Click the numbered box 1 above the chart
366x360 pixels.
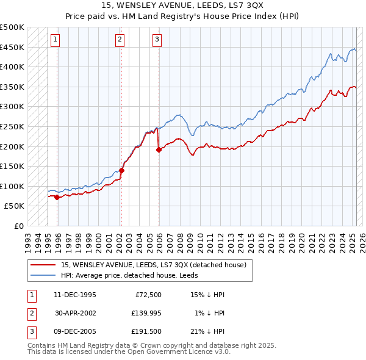coord(55,40)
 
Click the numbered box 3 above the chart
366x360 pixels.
coord(157,40)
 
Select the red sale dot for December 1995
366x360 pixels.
coord(57,197)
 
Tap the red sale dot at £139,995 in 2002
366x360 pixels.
coord(121,170)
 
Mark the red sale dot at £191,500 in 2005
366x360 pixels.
coord(159,149)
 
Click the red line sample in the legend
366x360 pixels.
coord(43,265)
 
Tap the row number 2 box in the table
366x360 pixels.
coord(31,313)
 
